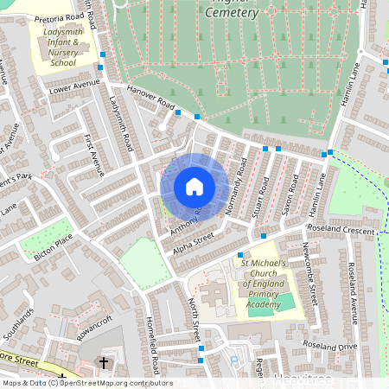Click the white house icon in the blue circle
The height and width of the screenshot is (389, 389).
click(x=194, y=186)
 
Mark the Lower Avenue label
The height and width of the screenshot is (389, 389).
click(x=70, y=88)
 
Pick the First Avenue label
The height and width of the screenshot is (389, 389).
click(x=92, y=154)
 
